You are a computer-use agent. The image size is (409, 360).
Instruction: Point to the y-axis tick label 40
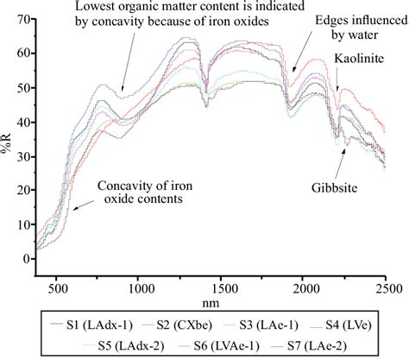(23, 123)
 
